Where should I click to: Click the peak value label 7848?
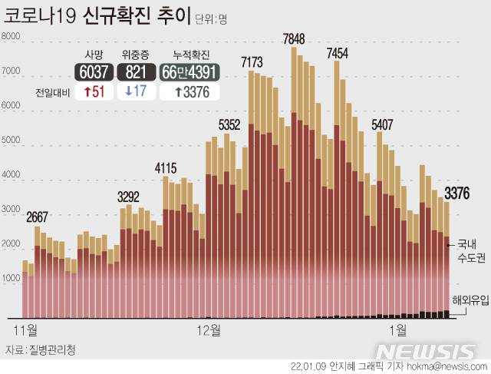coord(294,39)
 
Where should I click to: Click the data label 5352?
coord(229,124)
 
